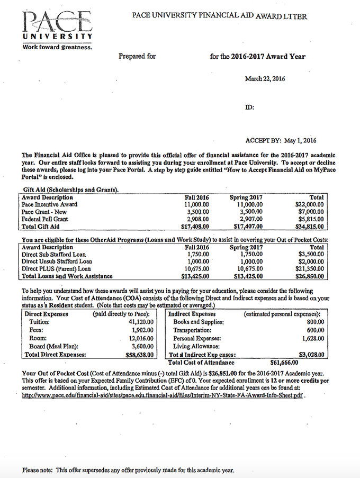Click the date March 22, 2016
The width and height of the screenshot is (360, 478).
(265, 79)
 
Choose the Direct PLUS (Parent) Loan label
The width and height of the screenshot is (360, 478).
(52, 268)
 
